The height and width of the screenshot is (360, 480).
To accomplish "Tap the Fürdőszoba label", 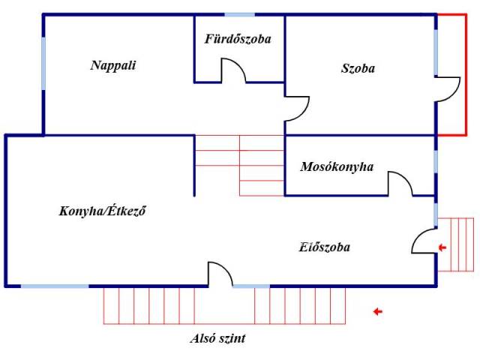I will pos(238,39).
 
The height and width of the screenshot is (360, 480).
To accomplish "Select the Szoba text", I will pos(358,68).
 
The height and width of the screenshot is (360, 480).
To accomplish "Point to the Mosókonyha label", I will pos(337,166).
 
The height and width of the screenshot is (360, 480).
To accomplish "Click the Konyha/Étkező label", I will pos(102,211).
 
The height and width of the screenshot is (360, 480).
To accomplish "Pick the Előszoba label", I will pos(324,247).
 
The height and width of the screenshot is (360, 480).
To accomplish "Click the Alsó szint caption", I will pos(217,338).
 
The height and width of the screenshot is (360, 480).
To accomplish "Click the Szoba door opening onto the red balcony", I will pos(448,88).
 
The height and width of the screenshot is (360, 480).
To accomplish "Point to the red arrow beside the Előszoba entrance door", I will pos(442,247).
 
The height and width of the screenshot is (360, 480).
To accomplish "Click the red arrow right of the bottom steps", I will pos(377,311).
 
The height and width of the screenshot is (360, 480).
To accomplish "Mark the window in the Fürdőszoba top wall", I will pos(239,15).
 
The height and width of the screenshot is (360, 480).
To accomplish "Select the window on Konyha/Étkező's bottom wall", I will pos(54,286).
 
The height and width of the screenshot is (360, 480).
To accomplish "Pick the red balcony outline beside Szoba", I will pos(457,75).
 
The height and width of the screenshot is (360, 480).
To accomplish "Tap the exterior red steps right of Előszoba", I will pos(457,243).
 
